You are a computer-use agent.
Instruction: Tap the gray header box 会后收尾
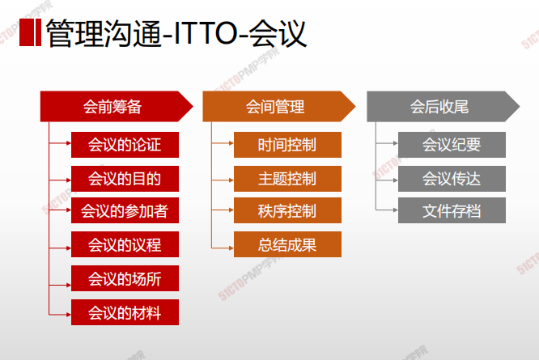click(443, 107)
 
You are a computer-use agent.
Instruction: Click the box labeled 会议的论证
click(125, 145)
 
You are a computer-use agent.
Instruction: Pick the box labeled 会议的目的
click(125, 179)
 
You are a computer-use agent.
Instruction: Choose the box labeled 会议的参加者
click(125, 210)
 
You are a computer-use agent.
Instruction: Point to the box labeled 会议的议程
click(125, 244)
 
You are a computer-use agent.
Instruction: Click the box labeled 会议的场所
click(125, 278)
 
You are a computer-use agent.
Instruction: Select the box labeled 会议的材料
click(125, 312)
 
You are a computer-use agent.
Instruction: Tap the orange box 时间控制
click(288, 145)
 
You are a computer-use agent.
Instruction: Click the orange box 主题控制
click(288, 179)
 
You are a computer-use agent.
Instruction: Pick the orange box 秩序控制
click(288, 210)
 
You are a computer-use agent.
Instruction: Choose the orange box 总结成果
click(288, 244)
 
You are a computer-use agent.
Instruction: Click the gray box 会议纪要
click(452, 145)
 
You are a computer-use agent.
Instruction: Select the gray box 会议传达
click(452, 179)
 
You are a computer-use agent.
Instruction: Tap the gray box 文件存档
click(452, 210)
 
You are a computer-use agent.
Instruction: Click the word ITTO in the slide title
click(206, 33)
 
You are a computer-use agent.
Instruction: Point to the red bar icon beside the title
click(30, 32)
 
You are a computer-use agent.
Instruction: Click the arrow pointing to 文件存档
click(387, 210)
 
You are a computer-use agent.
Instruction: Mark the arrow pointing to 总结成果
click(223, 248)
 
